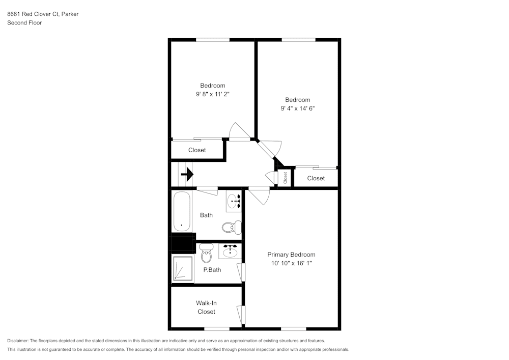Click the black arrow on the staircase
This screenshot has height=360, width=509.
point(187,175)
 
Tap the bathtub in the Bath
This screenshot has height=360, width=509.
point(181,211)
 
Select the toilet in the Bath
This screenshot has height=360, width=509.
point(232,227)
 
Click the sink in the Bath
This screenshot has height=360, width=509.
point(234,202)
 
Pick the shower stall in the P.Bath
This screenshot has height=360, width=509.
point(182,268)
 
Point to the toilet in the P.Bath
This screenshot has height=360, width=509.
point(206,253)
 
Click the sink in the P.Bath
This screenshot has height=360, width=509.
point(230,251)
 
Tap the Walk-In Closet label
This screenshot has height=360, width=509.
point(206,307)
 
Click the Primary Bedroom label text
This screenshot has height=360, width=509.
point(291,255)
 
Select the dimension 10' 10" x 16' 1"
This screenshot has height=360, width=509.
point(291,263)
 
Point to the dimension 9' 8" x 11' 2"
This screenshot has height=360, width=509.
point(212,94)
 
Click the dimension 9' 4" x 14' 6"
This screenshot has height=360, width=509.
point(297,108)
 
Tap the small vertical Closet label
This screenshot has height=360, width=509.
point(286,178)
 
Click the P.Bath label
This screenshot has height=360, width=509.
point(212,270)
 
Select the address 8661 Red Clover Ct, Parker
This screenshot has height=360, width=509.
point(43,14)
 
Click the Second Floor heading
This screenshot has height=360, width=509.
point(24,23)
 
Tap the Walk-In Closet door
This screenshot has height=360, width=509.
point(241,313)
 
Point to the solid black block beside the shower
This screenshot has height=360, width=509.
point(183,243)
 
